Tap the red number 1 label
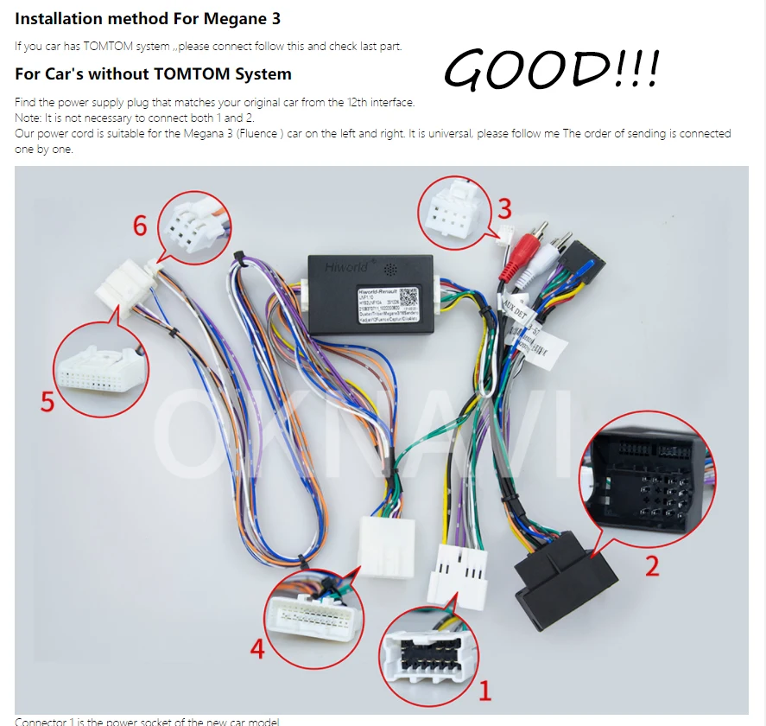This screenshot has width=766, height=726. [x=484, y=690]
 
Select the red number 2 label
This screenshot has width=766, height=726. [x=652, y=566]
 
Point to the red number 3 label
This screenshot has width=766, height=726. [x=504, y=208]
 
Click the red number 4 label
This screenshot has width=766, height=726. [x=256, y=647]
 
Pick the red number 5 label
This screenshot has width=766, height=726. [x=47, y=401]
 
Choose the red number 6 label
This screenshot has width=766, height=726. [x=141, y=226]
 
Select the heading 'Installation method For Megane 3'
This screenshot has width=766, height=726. [x=148, y=18]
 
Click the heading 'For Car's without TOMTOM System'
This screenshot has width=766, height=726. [x=153, y=73]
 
